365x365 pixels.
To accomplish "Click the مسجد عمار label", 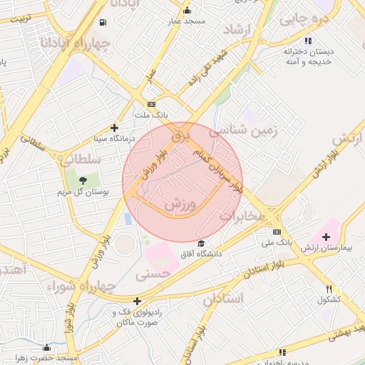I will [x=187, y=21].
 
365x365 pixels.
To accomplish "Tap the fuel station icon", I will [x=104, y=23].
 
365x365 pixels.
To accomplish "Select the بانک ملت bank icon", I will [x=151, y=104].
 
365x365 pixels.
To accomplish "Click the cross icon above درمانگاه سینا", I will [x=114, y=128].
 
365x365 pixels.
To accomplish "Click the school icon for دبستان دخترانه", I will [x=308, y=41].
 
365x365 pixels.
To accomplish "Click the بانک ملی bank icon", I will [x=277, y=232].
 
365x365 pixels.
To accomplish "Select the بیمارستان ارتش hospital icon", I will [x=327, y=237].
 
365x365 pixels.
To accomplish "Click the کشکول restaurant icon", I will [x=329, y=289].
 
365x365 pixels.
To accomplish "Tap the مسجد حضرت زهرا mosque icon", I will [x=47, y=347].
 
